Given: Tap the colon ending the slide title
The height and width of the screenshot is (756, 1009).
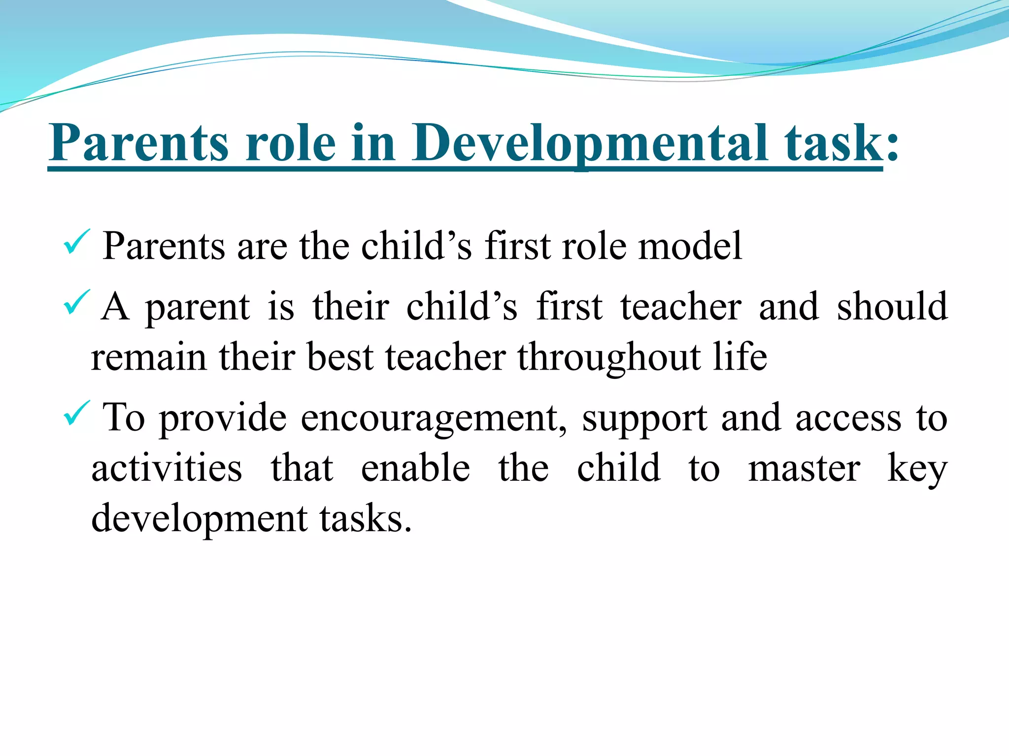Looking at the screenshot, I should coord(892,148).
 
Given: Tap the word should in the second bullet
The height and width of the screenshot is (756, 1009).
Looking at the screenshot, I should coord(892,306).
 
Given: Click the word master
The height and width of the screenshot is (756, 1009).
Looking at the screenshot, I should coord(804,469).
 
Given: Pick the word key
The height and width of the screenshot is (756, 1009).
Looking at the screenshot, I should coord(917,469).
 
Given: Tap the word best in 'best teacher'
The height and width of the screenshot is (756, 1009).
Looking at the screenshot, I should coord(339,356).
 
